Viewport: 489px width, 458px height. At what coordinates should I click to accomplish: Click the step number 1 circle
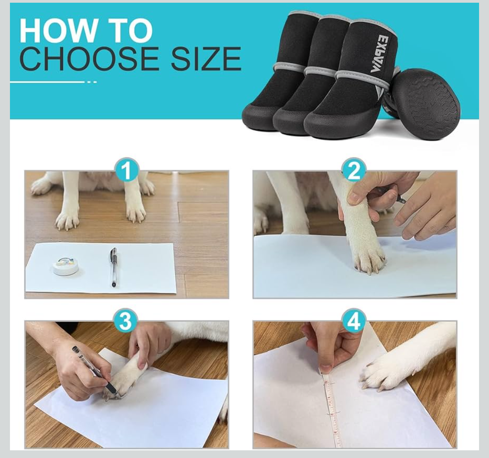pos(126,171)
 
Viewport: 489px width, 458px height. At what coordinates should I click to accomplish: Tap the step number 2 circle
pos(354,171)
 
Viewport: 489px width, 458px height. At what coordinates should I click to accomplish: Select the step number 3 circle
pos(125,321)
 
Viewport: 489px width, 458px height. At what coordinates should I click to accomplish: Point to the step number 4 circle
pos(354,321)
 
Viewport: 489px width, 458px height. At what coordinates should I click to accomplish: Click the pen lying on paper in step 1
pos(113,266)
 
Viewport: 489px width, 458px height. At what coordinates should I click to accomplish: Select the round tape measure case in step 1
pos(66,267)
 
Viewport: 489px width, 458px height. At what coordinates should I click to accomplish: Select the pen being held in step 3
pos(93,369)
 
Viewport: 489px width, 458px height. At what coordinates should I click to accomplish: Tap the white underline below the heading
pos(48,82)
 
